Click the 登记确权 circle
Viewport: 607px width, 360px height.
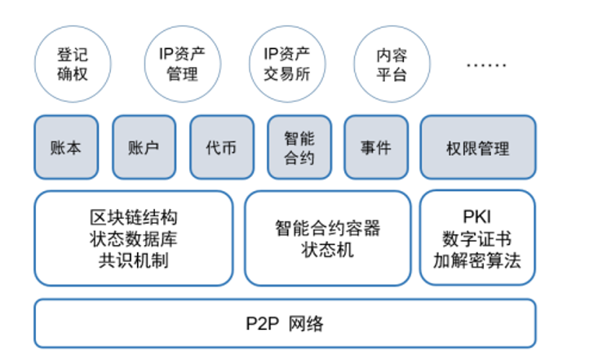click(72, 64)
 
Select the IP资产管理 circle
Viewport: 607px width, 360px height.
click(181, 64)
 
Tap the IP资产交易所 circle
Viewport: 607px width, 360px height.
click(286, 64)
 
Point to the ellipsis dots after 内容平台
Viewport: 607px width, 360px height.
click(485, 64)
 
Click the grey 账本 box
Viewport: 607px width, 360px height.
click(66, 148)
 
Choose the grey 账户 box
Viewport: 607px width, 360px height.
click(144, 148)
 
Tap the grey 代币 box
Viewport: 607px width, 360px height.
click(221, 148)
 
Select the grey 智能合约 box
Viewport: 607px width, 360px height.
click(299, 148)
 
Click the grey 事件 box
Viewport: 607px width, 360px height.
click(376, 148)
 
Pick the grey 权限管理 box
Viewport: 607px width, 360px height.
click(478, 148)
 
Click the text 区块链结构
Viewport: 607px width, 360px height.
click(133, 219)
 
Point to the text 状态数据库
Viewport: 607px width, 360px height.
click(133, 239)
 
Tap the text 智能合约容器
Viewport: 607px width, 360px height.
click(327, 229)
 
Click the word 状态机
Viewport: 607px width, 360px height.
click(327, 250)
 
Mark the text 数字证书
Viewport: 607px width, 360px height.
click(477, 240)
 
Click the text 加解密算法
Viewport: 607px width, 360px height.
click(477, 260)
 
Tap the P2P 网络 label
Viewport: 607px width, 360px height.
click(285, 323)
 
